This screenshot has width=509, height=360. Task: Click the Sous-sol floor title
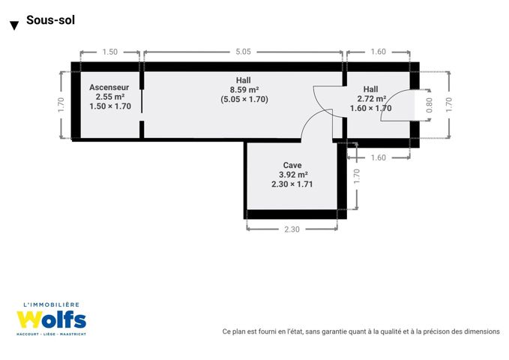pyautogui.click(x=50, y=20)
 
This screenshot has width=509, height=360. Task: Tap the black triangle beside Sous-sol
pyautogui.click(x=14, y=25)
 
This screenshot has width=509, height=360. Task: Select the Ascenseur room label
pyautogui.click(x=109, y=88)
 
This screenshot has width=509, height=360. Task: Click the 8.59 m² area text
pyautogui.click(x=244, y=90)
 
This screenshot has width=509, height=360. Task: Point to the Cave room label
pyautogui.click(x=292, y=166)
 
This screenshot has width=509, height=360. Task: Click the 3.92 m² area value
pyautogui.click(x=293, y=175)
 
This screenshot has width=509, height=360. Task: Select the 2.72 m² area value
pyautogui.click(x=372, y=99)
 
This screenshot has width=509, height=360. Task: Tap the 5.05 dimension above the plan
pyautogui.click(x=243, y=52)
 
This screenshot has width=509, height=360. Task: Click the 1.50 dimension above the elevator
pyautogui.click(x=110, y=52)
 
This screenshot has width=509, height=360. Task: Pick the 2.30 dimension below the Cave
pyautogui.click(x=292, y=229)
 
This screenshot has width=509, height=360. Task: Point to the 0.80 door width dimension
pyautogui.click(x=429, y=105)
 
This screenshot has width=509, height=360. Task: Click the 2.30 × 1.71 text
pyautogui.click(x=292, y=184)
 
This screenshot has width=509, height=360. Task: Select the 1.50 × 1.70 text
pyautogui.click(x=110, y=106)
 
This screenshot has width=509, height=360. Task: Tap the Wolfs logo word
pyautogui.click(x=52, y=319)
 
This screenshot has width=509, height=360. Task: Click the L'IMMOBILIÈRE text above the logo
pyautogui.click(x=51, y=304)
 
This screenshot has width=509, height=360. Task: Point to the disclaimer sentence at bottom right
pyautogui.click(x=361, y=331)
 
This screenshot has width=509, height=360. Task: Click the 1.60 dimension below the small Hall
pyautogui.click(x=379, y=158)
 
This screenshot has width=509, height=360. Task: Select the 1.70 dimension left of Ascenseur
pyautogui.click(x=61, y=105)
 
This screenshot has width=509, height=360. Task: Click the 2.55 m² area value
pyautogui.click(x=110, y=97)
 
